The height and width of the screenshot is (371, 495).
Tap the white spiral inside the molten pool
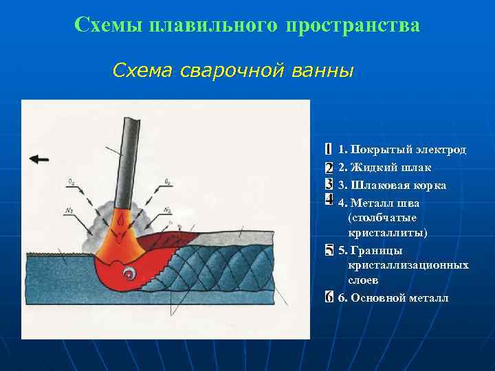click(129, 273)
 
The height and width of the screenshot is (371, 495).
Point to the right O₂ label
click(168, 182)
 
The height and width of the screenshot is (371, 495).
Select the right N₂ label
click(167, 210)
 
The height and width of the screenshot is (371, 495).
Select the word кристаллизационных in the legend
click(408, 265)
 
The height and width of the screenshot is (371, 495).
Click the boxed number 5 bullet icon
click(329, 250)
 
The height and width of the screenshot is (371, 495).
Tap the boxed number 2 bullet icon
click(329, 167)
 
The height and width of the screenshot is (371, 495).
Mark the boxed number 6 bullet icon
click(329, 297)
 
